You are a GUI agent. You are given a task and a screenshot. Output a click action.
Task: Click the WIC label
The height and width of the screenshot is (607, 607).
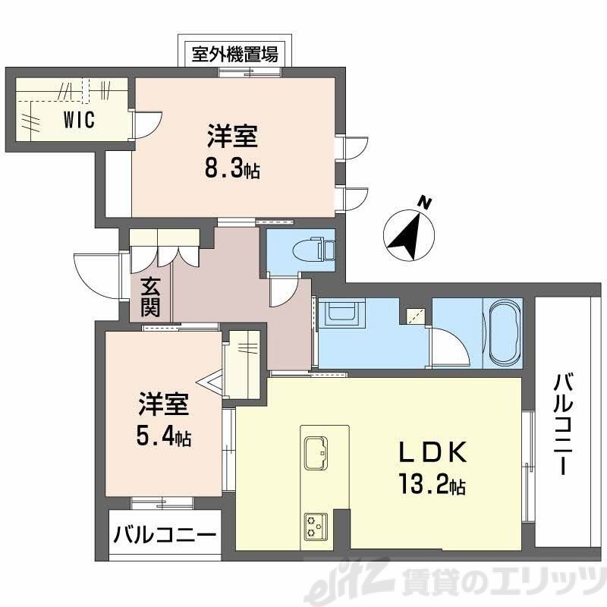[x=79, y=121]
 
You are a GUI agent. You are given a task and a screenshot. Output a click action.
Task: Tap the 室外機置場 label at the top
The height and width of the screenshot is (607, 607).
[x=234, y=55]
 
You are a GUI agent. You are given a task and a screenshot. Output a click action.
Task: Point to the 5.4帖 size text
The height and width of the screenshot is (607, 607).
[x=164, y=437]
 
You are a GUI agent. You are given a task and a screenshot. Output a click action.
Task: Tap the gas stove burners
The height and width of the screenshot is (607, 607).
[x=315, y=525]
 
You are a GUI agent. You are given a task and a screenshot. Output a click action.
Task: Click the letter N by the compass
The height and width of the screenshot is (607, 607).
[x=426, y=203]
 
